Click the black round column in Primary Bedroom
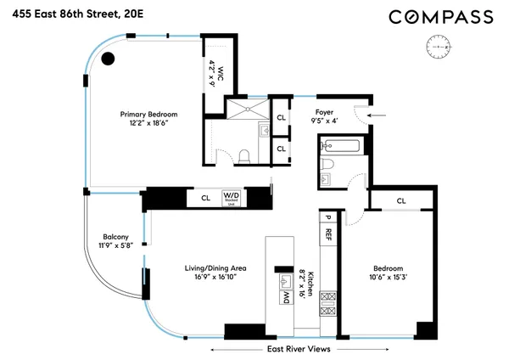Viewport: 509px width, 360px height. click(x=109, y=59)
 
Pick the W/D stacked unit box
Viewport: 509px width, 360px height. click(x=232, y=198)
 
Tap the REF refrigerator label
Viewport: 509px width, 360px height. click(x=327, y=233)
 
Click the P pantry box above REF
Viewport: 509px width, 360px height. click(x=327, y=216)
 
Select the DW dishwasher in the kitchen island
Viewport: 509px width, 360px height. click(x=286, y=297)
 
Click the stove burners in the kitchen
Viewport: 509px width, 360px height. click(x=327, y=303)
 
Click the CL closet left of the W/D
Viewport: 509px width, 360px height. click(x=204, y=198)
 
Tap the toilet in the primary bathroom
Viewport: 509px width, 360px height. click(x=243, y=156)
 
